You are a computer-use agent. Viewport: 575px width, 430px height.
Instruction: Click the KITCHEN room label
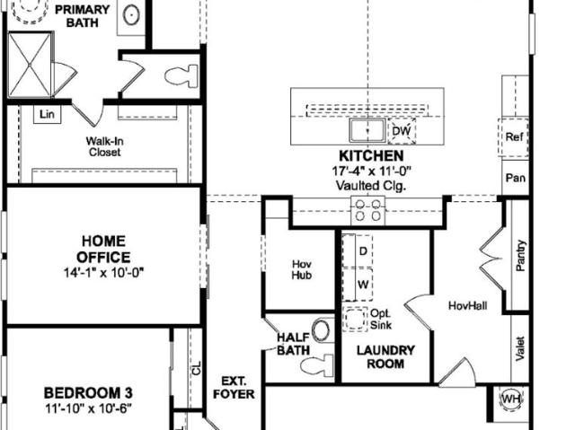click(x=371, y=156)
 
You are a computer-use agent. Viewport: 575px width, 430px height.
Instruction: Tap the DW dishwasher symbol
click(x=402, y=131)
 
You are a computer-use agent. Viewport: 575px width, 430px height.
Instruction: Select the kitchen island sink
click(x=367, y=130)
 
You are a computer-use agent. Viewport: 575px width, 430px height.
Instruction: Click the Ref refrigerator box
click(x=513, y=137)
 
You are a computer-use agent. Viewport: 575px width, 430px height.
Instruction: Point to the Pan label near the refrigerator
click(x=515, y=178)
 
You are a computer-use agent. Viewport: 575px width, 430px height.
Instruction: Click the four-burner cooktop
click(x=367, y=210)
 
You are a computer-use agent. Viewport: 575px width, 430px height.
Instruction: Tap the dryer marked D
click(x=358, y=250)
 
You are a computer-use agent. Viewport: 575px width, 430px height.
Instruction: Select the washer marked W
click(x=358, y=285)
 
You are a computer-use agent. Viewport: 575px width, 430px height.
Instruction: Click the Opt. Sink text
click(x=381, y=319)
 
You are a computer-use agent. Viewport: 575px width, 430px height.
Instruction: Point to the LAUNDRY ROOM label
click(x=385, y=357)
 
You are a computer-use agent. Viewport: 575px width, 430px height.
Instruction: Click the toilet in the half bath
click(x=317, y=365)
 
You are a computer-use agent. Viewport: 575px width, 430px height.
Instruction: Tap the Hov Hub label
click(x=302, y=269)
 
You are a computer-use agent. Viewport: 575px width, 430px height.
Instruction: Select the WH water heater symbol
click(x=511, y=399)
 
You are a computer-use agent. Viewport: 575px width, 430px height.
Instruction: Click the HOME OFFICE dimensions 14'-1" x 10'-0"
click(x=104, y=273)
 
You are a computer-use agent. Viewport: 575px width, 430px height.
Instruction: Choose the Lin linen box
click(x=48, y=115)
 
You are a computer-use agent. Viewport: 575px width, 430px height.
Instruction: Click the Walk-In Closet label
click(x=104, y=146)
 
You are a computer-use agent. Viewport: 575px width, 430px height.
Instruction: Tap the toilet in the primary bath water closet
click(x=181, y=75)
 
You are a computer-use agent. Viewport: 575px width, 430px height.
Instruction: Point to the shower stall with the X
click(x=30, y=66)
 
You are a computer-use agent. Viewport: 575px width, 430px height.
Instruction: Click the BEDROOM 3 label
click(x=88, y=393)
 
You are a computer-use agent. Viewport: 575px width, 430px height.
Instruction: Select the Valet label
click(x=519, y=348)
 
